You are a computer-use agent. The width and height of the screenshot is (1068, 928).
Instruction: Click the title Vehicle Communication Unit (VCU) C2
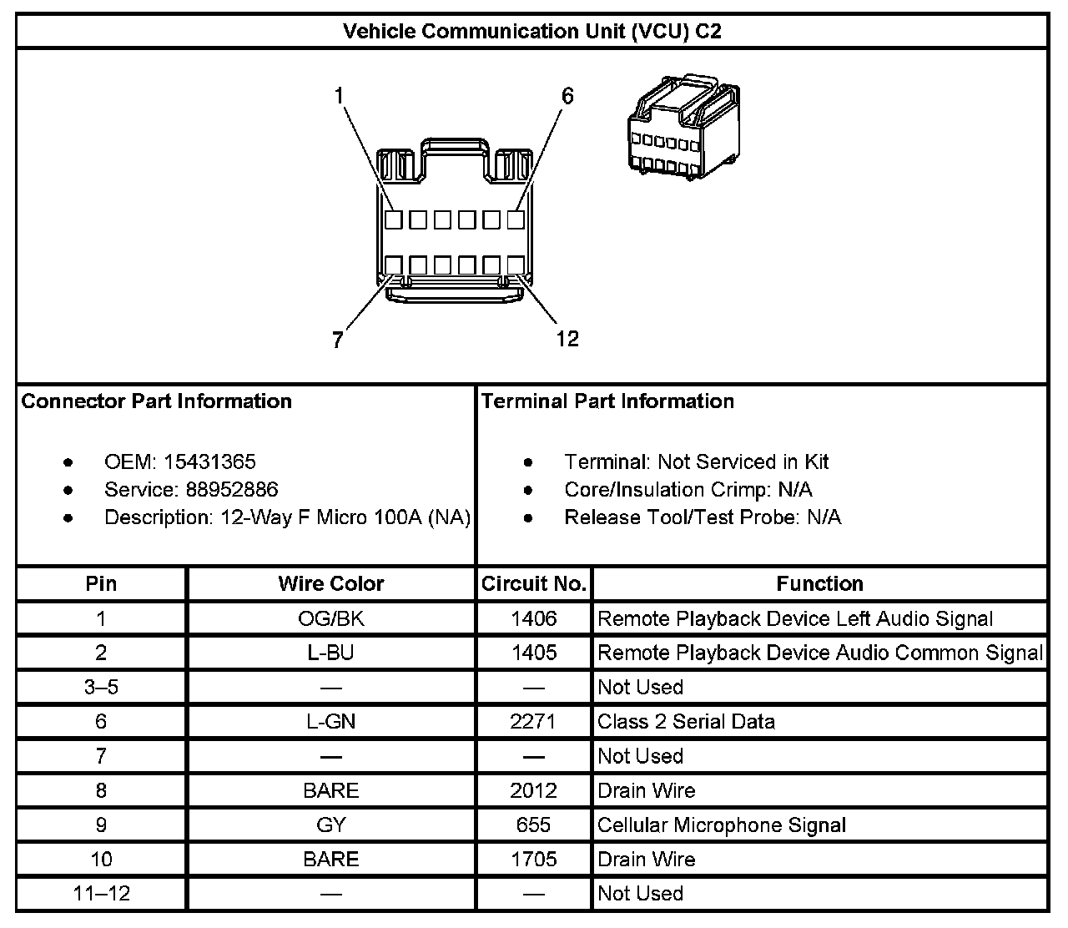pyautogui.click(x=532, y=32)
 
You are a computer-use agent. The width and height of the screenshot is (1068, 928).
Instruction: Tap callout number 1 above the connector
pyautogui.click(x=340, y=96)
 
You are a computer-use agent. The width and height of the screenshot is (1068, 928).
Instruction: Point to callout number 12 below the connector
pyautogui.click(x=567, y=338)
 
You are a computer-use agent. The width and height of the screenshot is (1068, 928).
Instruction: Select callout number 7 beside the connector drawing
pyautogui.click(x=337, y=340)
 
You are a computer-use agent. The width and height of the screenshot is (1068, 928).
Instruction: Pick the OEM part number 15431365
pyautogui.click(x=209, y=461)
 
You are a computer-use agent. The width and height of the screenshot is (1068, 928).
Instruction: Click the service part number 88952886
pyautogui.click(x=220, y=489)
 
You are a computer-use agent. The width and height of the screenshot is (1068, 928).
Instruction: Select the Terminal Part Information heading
pyautogui.click(x=607, y=401)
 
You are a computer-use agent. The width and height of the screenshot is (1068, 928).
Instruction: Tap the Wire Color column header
pyautogui.click(x=331, y=583)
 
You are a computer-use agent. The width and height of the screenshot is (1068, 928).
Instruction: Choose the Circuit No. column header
pyautogui.click(x=534, y=583)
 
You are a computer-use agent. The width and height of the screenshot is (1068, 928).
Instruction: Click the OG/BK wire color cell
pyautogui.click(x=331, y=618)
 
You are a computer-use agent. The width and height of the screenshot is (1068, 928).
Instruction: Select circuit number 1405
pyautogui.click(x=534, y=653)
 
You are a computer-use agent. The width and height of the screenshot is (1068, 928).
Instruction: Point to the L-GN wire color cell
pyautogui.click(x=331, y=721)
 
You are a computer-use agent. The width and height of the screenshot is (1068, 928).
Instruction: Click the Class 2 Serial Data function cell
pyautogui.click(x=686, y=721)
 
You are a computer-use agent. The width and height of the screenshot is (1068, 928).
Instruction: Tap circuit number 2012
pyautogui.click(x=534, y=790)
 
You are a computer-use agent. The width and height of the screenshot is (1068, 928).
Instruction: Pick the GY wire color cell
pyautogui.click(x=331, y=825)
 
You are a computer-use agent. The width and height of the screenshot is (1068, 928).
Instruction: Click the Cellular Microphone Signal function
pyautogui.click(x=722, y=825)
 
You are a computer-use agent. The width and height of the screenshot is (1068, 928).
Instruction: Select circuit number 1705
pyautogui.click(x=534, y=860)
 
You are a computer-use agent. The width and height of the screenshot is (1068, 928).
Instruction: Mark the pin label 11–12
pyautogui.click(x=102, y=894)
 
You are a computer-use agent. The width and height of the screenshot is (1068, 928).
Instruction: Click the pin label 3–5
pyautogui.click(x=102, y=687)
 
